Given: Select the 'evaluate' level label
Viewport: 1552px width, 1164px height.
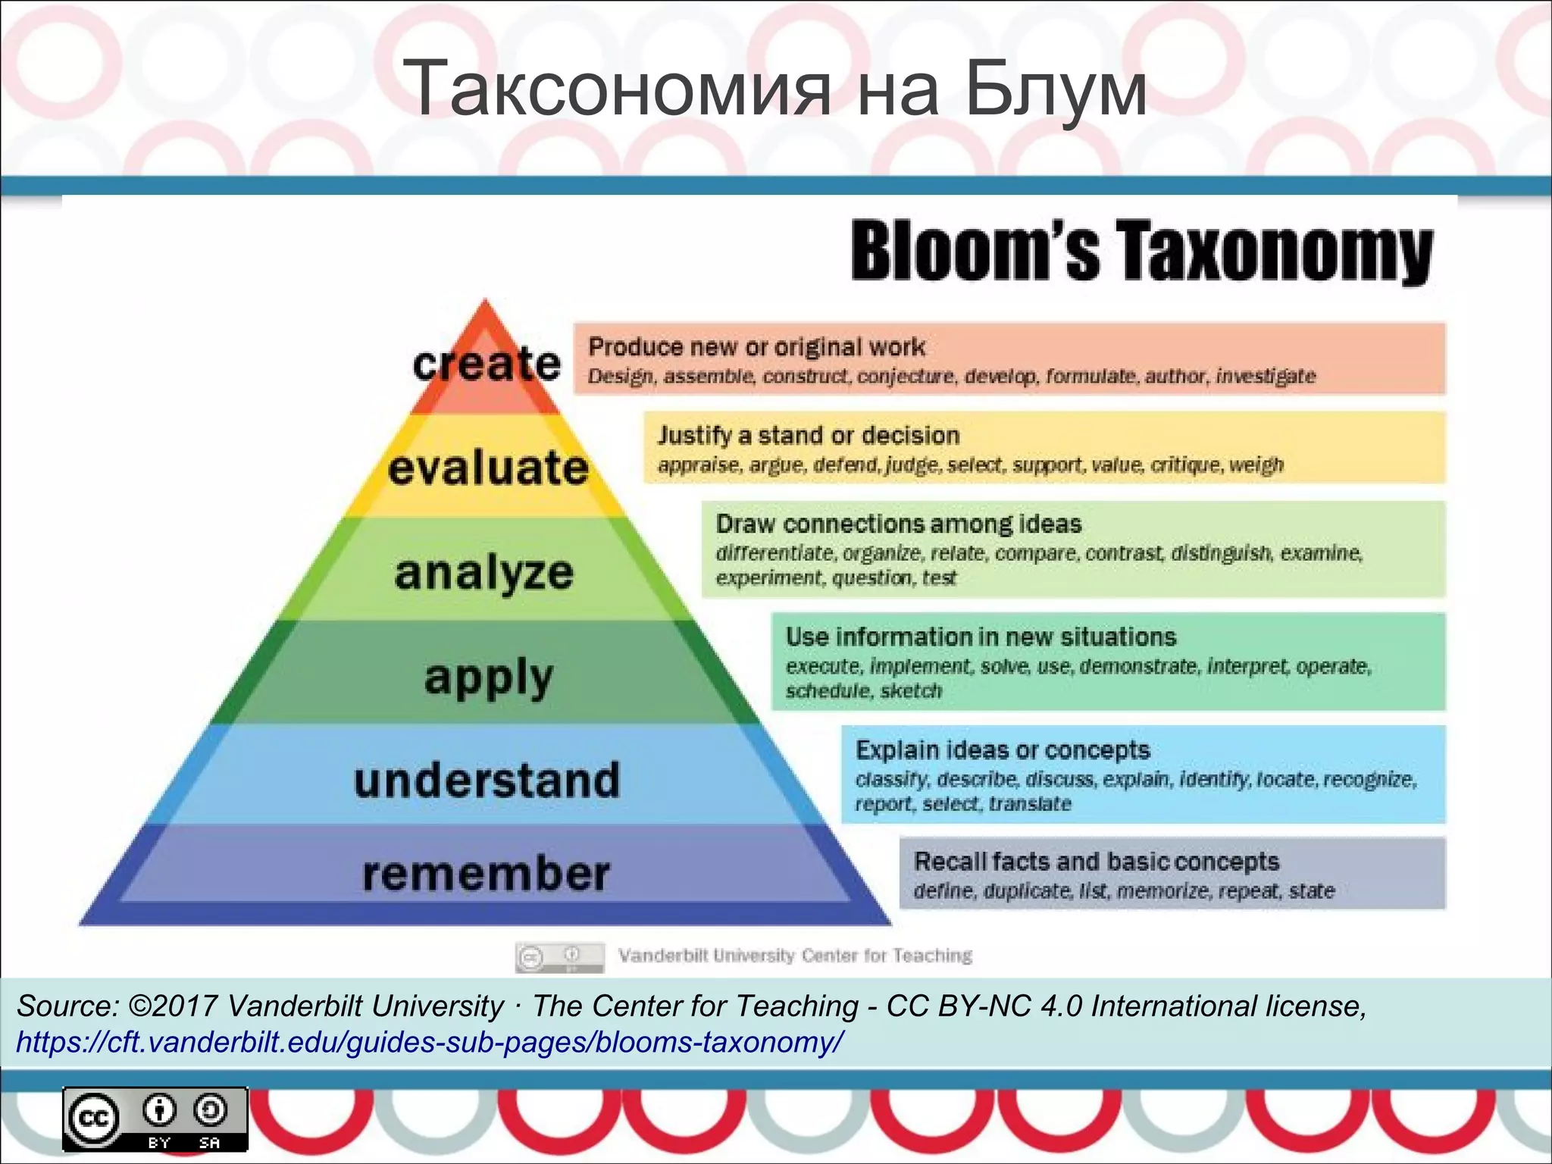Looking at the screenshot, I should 488,468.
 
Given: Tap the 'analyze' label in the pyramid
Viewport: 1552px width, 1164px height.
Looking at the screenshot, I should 484,572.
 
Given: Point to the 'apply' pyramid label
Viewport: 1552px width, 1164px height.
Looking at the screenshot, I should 489,677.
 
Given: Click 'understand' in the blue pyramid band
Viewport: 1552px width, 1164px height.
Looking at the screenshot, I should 487,781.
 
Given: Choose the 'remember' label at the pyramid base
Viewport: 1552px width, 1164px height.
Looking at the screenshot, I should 486,874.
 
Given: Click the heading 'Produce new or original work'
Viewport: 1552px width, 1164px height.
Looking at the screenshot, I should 756,347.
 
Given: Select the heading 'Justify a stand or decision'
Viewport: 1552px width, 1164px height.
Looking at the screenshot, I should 809,436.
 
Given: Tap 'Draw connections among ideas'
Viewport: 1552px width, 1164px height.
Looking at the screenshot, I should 899,524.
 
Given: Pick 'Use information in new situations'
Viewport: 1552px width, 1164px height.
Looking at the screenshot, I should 981,637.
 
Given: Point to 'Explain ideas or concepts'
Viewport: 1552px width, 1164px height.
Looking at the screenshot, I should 1003,750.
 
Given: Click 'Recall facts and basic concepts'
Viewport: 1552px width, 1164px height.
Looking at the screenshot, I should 1096,862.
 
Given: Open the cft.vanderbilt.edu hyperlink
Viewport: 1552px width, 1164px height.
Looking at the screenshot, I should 429,1043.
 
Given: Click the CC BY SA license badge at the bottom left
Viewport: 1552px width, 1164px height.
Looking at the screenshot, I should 155,1119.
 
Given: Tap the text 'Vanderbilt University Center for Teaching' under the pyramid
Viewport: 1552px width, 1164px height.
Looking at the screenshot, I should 795,956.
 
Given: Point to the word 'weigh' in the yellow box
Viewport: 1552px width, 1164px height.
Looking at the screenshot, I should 1256,465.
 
